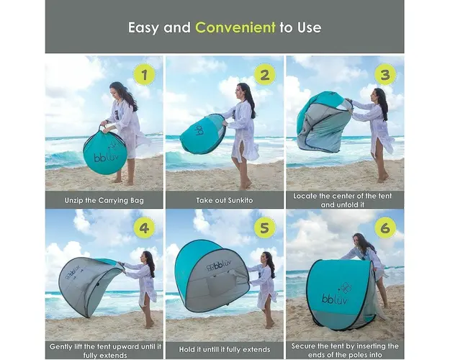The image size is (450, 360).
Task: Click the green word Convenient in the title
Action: click(235, 27)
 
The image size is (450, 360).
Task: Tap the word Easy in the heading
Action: click(143, 28)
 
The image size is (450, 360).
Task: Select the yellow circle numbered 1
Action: click(144, 75)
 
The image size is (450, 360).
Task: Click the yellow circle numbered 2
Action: click(265, 75)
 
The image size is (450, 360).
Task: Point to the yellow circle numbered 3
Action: click(385, 75)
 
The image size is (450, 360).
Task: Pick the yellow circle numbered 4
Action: click(144, 228)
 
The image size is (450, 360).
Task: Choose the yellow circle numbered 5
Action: click(265, 228)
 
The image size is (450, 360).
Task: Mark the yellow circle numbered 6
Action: click(385, 228)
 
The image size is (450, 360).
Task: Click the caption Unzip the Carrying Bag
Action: click(104, 200)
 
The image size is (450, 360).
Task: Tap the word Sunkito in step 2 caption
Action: click(239, 200)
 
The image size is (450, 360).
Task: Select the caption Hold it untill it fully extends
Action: click(225, 350)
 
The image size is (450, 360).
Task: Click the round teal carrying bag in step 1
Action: click(105, 152)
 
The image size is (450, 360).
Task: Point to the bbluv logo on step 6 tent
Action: click(335, 299)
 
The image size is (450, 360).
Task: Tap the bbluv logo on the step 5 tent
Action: click(220, 266)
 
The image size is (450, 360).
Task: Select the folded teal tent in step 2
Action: click(203, 133)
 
